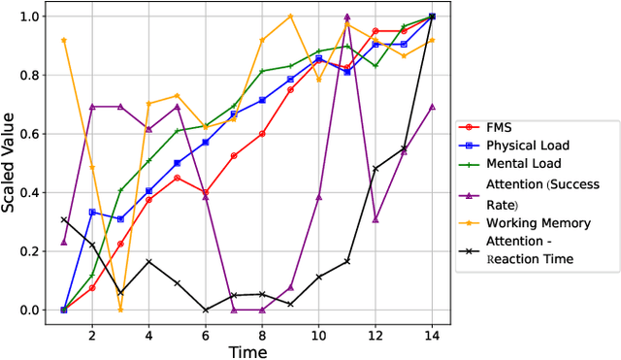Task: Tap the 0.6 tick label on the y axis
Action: [36, 134]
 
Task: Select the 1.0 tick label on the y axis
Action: [36, 16]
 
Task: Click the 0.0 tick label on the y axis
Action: [36, 311]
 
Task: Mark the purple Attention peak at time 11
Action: [346, 16]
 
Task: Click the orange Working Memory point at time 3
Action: [120, 310]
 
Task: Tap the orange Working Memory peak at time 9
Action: [290, 16]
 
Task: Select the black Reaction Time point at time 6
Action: [205, 310]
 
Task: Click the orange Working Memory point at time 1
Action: [63, 40]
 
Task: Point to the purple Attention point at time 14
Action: [432, 107]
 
